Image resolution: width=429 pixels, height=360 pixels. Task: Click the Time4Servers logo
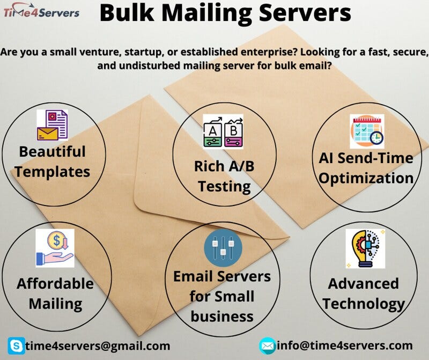[x=41, y=12]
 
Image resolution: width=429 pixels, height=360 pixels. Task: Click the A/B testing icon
[x=223, y=131]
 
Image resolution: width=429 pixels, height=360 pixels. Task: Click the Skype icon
[x=16, y=346]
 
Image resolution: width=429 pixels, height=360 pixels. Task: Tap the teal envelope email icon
[x=267, y=346]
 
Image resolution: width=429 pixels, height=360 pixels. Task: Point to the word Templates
[x=53, y=172]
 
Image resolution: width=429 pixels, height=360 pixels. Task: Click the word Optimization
[x=367, y=178]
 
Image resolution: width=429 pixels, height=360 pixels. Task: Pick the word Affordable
[x=55, y=283]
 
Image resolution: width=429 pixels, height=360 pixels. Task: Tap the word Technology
[x=364, y=304]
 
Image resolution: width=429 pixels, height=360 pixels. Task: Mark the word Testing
[x=224, y=186]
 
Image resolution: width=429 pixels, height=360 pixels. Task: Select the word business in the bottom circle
[x=222, y=316]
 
